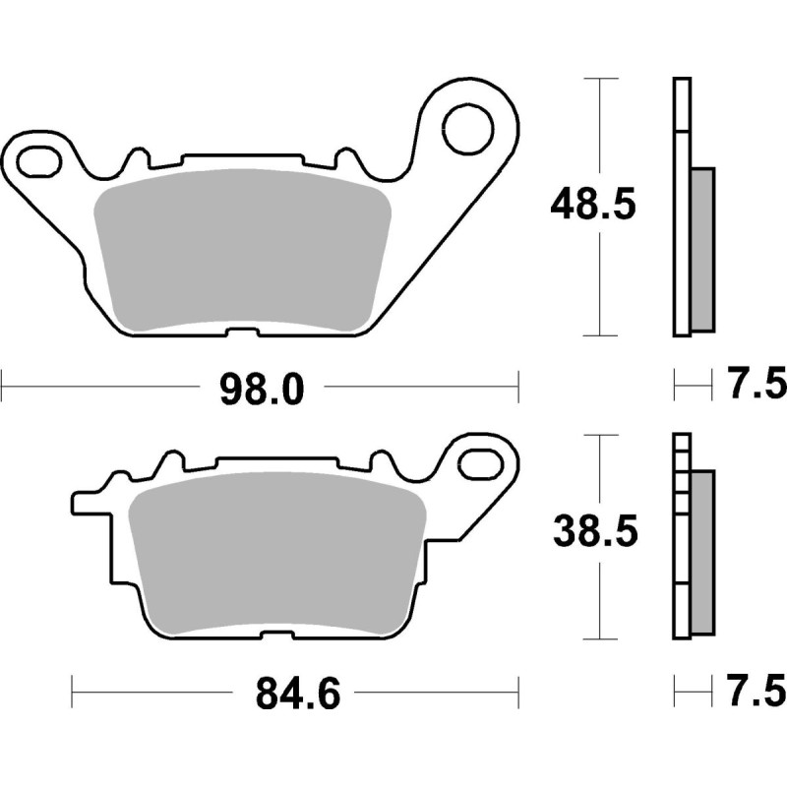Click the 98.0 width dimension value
point(262,390)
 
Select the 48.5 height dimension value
point(593,205)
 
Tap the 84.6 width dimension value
point(298,695)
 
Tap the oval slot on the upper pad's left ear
point(39,161)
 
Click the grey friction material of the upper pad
point(242,251)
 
